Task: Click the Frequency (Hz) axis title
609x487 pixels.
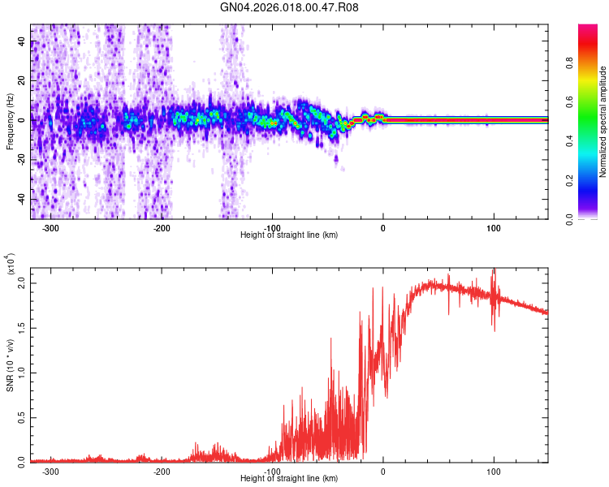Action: click(x=10, y=122)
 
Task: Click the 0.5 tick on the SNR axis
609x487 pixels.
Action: click(x=22, y=416)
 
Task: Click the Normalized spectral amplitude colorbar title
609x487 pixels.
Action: click(x=603, y=122)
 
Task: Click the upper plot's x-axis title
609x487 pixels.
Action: click(x=289, y=235)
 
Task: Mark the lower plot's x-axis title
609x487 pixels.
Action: click(x=289, y=478)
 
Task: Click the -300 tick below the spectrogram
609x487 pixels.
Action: click(x=50, y=227)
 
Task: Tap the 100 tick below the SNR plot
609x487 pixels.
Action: click(x=494, y=471)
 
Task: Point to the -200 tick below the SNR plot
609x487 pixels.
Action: click(x=161, y=471)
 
